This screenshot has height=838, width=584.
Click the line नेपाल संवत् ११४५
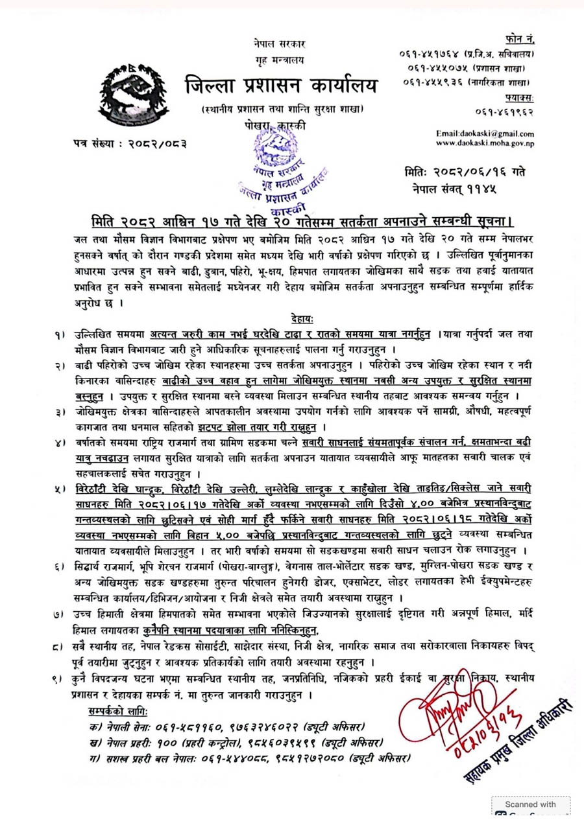pyautogui.click(x=457, y=189)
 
